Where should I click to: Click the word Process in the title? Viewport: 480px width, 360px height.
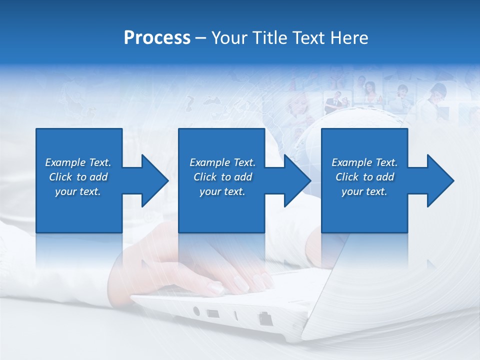click(x=157, y=38)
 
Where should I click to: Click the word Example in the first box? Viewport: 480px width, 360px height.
click(x=65, y=162)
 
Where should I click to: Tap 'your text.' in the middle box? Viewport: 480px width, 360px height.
click(x=222, y=191)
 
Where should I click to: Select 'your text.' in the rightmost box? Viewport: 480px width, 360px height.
click(x=364, y=191)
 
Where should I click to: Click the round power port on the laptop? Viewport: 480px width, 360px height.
click(x=196, y=311)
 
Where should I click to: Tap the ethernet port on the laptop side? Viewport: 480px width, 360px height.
click(x=264, y=318)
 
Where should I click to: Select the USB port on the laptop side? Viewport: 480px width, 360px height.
click(x=212, y=314)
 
